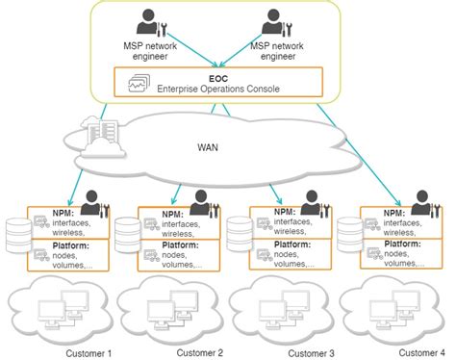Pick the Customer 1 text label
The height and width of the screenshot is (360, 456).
(89, 352)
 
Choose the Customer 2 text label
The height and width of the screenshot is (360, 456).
(200, 352)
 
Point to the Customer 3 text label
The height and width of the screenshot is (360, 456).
(311, 352)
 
